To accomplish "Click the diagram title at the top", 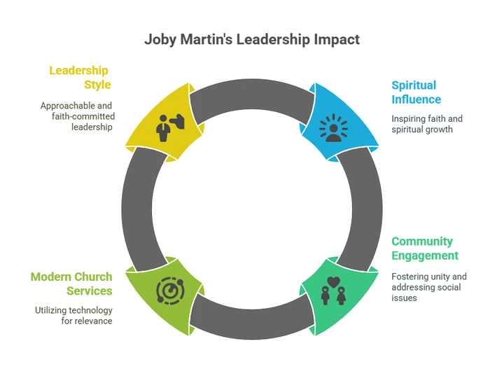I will pos(253,41).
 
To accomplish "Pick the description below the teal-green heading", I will pos(428,286).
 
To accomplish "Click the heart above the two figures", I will pos(333,284).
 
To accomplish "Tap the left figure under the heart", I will pos(325,297).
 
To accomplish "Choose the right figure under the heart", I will pos(342,297).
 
